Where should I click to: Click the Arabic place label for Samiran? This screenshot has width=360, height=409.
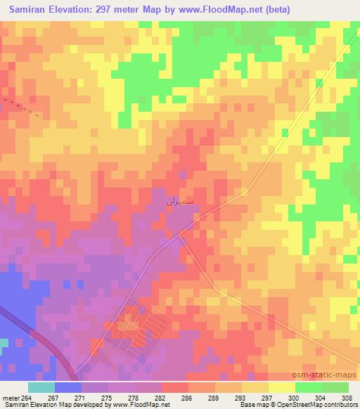(x=179, y=202)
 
